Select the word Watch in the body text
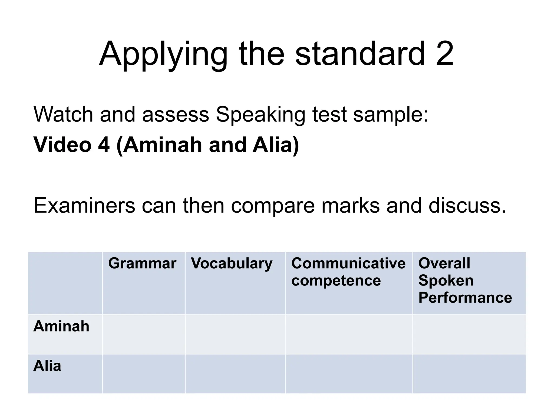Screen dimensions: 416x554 pyautogui.click(x=63, y=114)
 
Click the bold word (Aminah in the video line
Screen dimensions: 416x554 pyautogui.click(x=160, y=145)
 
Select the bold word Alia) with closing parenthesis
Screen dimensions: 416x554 pyautogui.click(x=276, y=145)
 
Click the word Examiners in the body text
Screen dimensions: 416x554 pyautogui.click(x=84, y=206)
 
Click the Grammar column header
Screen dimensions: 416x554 pyautogui.click(x=142, y=263)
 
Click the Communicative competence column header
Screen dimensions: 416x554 pyautogui.click(x=348, y=272)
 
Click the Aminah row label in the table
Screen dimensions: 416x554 pyautogui.click(x=61, y=326)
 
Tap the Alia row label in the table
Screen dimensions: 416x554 pyautogui.click(x=47, y=366)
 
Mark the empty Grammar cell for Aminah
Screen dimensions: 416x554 pyautogui.click(x=144, y=334)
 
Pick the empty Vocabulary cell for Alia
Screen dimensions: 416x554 pyautogui.click(x=235, y=374)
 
